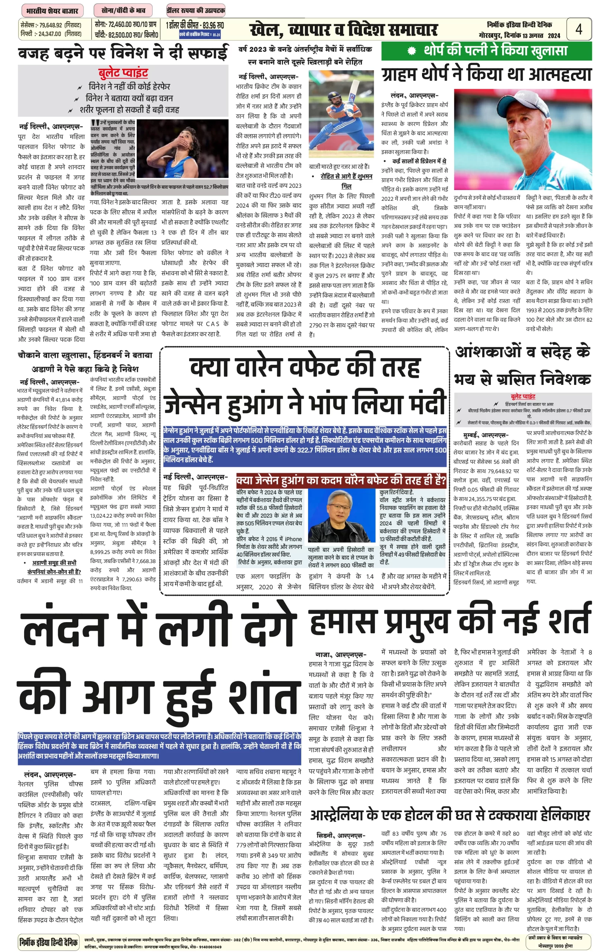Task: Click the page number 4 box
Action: click(579, 29)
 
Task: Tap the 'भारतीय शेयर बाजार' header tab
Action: click(52, 11)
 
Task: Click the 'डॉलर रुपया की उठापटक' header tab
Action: click(196, 11)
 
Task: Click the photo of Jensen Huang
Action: click(341, 515)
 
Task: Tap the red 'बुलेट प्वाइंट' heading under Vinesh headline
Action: click(123, 73)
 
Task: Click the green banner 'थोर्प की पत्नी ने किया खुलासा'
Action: click(486, 51)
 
